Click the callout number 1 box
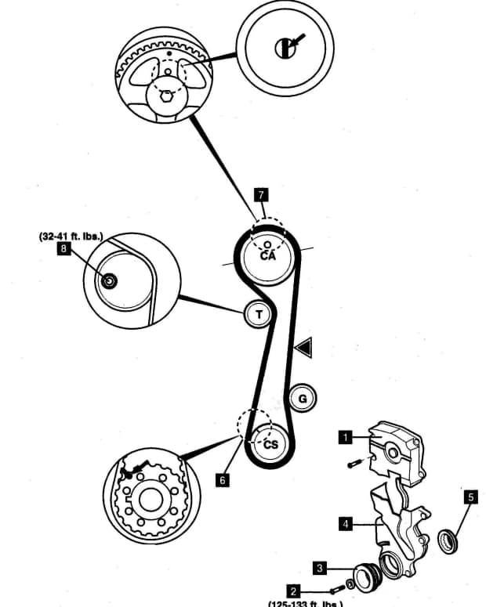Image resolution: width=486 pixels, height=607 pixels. pyautogui.click(x=343, y=437)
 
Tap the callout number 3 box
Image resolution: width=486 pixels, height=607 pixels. pyautogui.click(x=320, y=566)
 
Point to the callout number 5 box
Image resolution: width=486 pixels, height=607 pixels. pyautogui.click(x=470, y=497)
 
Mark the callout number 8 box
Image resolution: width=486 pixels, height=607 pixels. pyautogui.click(x=63, y=250)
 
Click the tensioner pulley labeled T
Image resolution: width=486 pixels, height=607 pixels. pyautogui.click(x=258, y=314)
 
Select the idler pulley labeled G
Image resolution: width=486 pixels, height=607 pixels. pyautogui.click(x=303, y=399)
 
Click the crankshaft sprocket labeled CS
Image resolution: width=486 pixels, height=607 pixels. pyautogui.click(x=270, y=443)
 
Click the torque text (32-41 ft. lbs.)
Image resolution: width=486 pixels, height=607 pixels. pyautogui.click(x=71, y=235)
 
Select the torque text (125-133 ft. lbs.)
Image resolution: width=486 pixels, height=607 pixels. pyautogui.click(x=306, y=603)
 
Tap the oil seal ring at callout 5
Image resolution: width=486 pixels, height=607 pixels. pyautogui.click(x=450, y=539)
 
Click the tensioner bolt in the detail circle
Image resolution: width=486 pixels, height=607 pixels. pyautogui.click(x=109, y=280)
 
